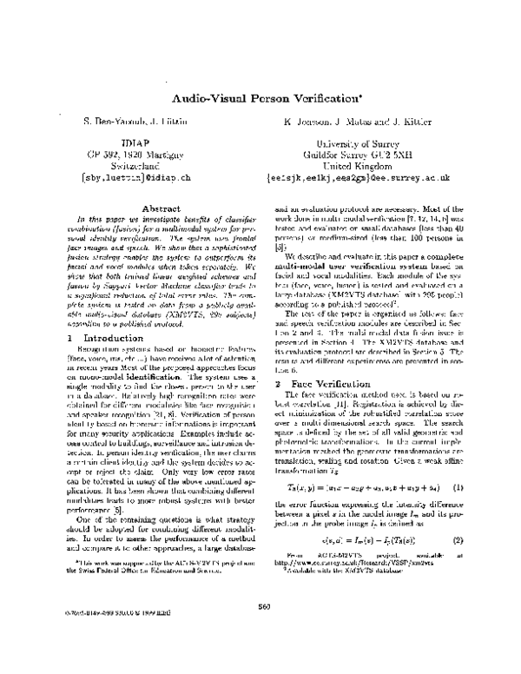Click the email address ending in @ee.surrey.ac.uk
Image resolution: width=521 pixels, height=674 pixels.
(370, 175)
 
